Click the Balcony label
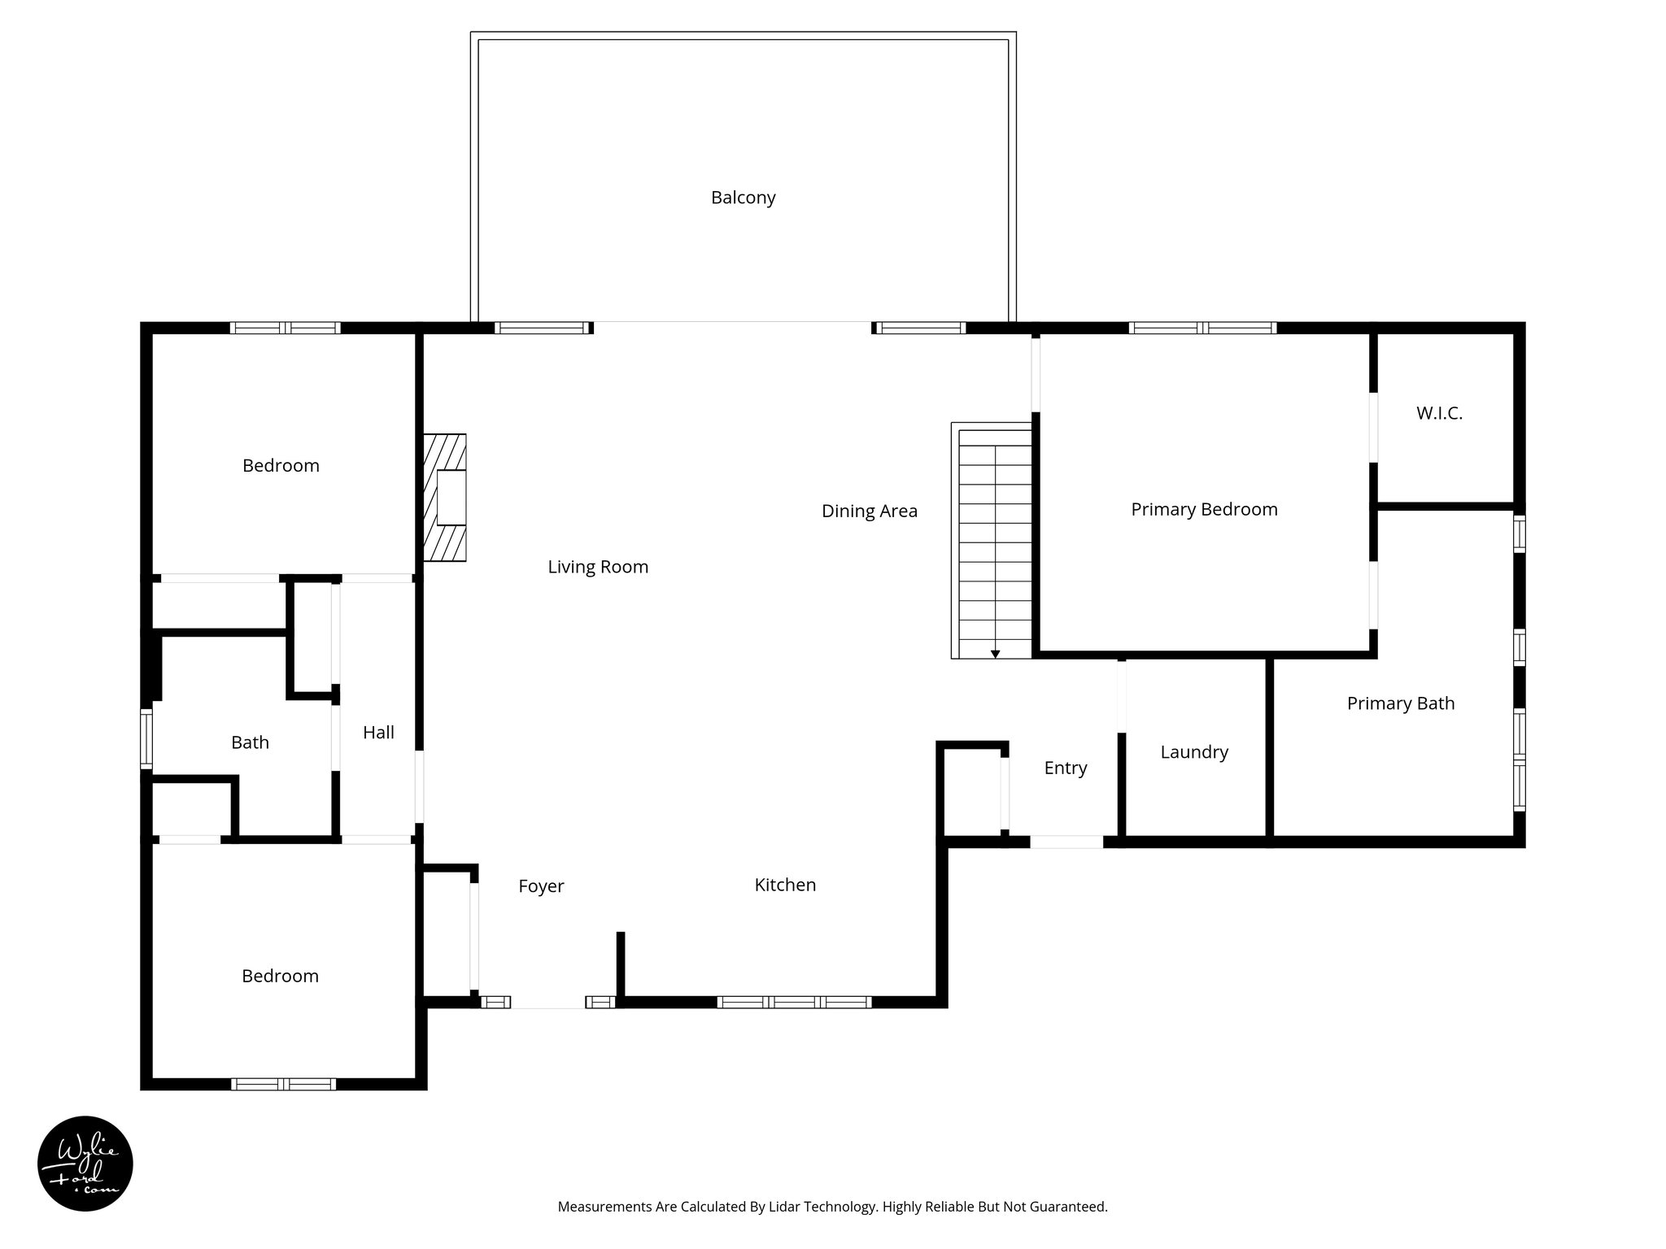[x=743, y=198]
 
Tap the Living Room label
[x=598, y=567]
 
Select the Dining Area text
[x=869, y=511]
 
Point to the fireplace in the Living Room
[x=445, y=498]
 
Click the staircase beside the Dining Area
[x=994, y=541]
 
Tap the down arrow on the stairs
[x=995, y=654]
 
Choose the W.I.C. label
[x=1439, y=413]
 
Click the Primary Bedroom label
[x=1204, y=509]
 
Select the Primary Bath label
[x=1400, y=703]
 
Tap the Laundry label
[x=1193, y=752]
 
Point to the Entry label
[x=1065, y=768]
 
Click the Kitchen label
[x=785, y=885]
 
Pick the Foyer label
[x=541, y=886]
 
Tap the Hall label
[x=378, y=733]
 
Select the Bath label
[x=250, y=742]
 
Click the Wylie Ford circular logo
[x=85, y=1163]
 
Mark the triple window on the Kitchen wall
[x=794, y=1002]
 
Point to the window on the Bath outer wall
[x=146, y=738]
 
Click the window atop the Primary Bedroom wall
[x=1202, y=328]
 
